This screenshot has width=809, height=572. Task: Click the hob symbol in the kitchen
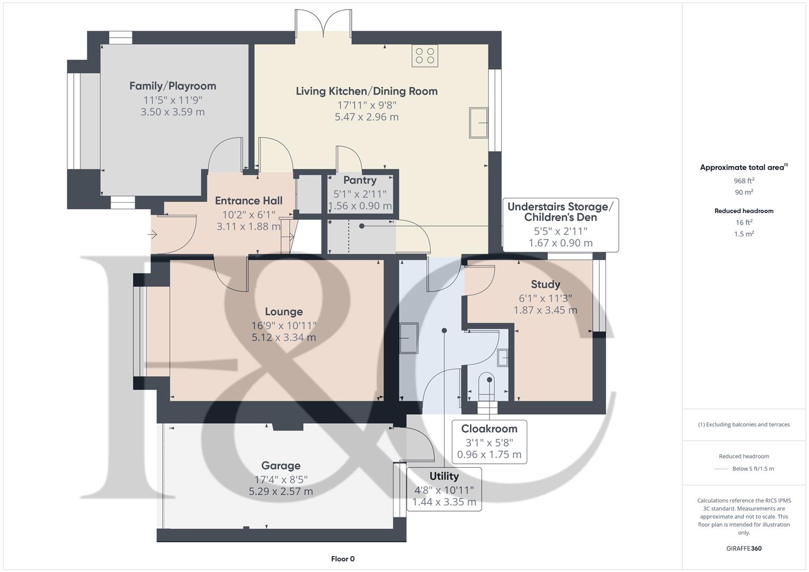pos(425,56)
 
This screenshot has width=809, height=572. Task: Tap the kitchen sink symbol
pos(478,123)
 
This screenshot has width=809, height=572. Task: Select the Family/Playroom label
pos(173,86)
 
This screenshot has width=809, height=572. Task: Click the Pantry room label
pos(360,181)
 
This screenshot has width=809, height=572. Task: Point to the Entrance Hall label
pos(248,201)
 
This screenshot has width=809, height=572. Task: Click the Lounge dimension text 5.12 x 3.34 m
pos(284,337)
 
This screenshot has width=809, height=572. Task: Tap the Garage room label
pos(281,466)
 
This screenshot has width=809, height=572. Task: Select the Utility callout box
pos(444,489)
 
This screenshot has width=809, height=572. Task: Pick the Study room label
pos(545,284)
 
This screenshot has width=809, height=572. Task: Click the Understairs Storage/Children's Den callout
pos(560,225)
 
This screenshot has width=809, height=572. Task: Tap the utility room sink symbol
pos(408,338)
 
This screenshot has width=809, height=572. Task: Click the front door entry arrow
pos(154,234)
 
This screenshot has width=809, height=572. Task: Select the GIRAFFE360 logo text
pos(744,548)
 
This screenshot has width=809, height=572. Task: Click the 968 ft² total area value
pos(744,181)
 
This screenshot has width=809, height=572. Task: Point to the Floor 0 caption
pos(343,559)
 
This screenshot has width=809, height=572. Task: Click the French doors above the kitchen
pos(323,24)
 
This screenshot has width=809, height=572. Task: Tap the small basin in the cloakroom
pos(503,358)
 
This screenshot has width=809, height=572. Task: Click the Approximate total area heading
pos(743,167)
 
